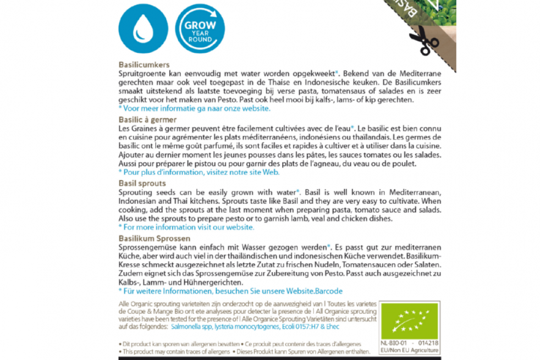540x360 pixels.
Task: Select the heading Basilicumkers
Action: (144, 64)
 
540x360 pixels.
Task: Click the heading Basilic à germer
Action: (147, 119)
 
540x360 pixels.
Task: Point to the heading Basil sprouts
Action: (142, 183)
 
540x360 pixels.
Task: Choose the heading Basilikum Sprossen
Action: (155, 239)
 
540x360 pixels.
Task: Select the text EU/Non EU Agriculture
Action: (410, 350)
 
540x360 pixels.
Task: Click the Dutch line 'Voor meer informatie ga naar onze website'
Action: (194, 108)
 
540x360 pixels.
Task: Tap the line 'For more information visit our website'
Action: (186, 226)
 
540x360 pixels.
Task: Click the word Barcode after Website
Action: (331, 291)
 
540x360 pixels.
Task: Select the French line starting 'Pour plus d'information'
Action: (199, 172)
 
